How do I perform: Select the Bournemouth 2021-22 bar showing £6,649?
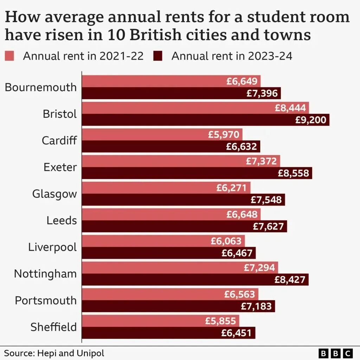pyautogui.click(x=171, y=81)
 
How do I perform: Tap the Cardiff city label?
pyautogui.click(x=59, y=140)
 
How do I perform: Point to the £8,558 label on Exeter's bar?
pyautogui.click(x=293, y=173)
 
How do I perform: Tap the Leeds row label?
pyautogui.click(x=62, y=220)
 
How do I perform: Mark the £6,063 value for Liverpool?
pyautogui.click(x=226, y=241)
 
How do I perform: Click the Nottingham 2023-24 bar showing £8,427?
pyautogui.click(x=195, y=279)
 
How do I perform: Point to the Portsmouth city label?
pyautogui.click(x=46, y=300)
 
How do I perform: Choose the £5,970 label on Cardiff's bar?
pyautogui.click(x=224, y=134)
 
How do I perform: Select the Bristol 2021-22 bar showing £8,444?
pyautogui.click(x=195, y=108)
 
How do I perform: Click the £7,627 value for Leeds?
pyautogui.click(x=268, y=226)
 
